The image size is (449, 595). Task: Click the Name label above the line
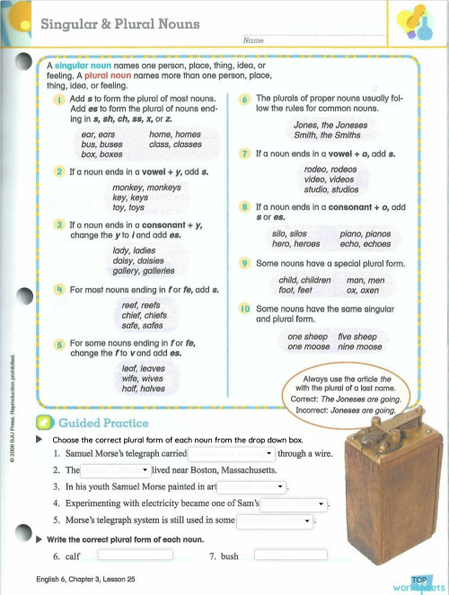(x=252, y=41)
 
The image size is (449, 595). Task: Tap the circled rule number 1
(x=59, y=99)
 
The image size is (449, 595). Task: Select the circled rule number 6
(x=245, y=99)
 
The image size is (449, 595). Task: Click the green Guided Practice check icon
(x=44, y=423)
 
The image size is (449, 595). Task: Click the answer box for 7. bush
(x=289, y=556)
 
